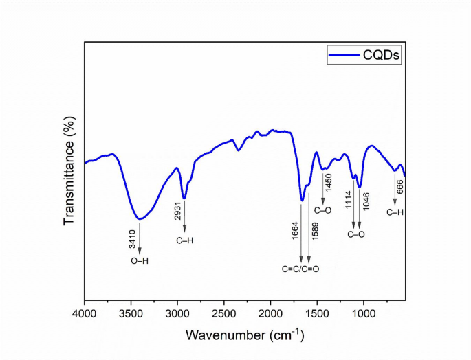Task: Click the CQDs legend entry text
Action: [382, 55]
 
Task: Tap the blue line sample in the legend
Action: [344, 55]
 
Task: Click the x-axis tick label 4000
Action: [85, 314]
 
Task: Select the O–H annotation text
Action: [140, 261]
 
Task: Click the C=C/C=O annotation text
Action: [300, 268]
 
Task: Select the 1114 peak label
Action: [348, 201]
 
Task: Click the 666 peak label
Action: [399, 185]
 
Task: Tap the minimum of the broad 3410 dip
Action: [140, 219]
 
